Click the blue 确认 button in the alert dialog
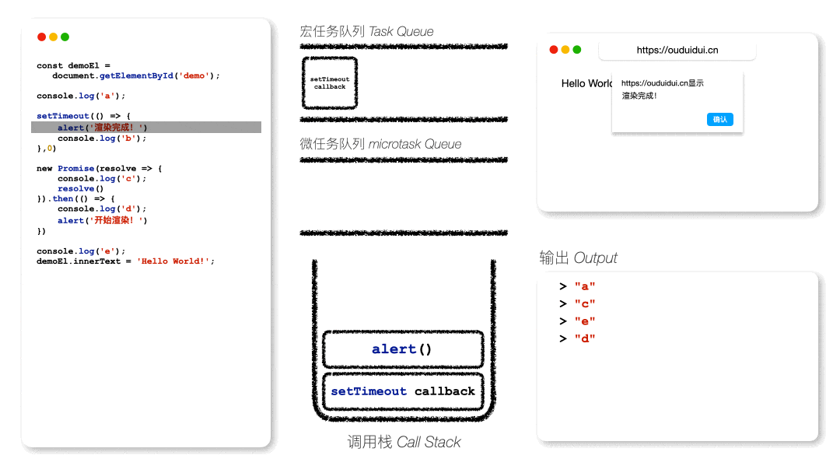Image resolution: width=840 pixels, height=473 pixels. [x=720, y=120]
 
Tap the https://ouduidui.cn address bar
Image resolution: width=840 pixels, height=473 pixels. [x=677, y=50]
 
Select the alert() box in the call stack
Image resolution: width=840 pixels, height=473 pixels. [x=403, y=349]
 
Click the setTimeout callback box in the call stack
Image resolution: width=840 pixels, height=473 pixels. [x=403, y=391]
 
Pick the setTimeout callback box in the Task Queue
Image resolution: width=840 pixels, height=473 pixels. [x=330, y=83]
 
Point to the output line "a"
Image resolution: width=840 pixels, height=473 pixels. [x=577, y=286]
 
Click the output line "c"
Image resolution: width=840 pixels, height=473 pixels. [x=577, y=303]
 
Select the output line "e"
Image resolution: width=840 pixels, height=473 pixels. [x=577, y=321]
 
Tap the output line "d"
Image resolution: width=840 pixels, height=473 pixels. [x=577, y=338]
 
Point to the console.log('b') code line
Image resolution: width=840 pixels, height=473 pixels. [x=102, y=138]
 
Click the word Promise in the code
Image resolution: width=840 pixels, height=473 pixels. [x=75, y=168]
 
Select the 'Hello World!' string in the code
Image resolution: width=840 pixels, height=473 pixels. [x=173, y=261]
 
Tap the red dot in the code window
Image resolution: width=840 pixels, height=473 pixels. [x=41, y=37]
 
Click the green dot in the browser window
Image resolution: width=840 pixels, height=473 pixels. [x=577, y=50]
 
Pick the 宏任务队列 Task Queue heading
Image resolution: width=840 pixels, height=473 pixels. [x=366, y=32]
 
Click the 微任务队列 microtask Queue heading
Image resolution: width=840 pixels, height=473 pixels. [x=380, y=144]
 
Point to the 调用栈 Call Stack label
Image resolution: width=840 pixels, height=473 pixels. [x=404, y=442]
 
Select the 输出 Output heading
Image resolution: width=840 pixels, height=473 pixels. [x=578, y=258]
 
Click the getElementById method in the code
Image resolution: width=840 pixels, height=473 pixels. [x=136, y=75]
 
